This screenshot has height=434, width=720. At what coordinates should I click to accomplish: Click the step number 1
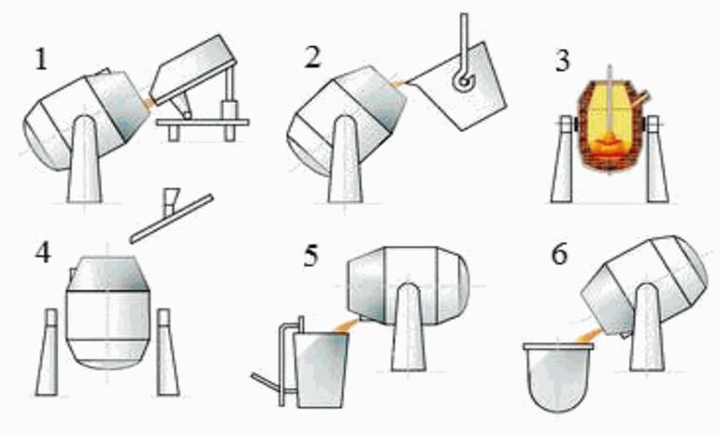(x=41, y=59)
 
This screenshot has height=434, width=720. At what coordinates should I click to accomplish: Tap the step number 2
(x=312, y=58)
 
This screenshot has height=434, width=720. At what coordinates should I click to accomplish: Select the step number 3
(x=563, y=61)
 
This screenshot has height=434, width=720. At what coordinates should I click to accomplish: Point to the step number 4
(x=43, y=253)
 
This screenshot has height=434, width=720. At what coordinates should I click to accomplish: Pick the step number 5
(x=310, y=255)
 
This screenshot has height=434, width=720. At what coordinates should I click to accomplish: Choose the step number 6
(x=559, y=254)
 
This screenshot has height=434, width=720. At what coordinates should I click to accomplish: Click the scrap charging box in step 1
(x=194, y=70)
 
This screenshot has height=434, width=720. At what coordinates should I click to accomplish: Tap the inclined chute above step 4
(x=172, y=219)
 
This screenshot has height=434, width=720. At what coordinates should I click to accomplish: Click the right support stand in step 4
(x=166, y=353)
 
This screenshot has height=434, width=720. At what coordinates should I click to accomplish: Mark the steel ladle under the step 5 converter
(x=321, y=369)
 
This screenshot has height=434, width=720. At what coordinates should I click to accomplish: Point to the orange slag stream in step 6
(x=590, y=336)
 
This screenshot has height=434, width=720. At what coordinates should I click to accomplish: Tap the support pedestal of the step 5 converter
(x=409, y=327)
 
